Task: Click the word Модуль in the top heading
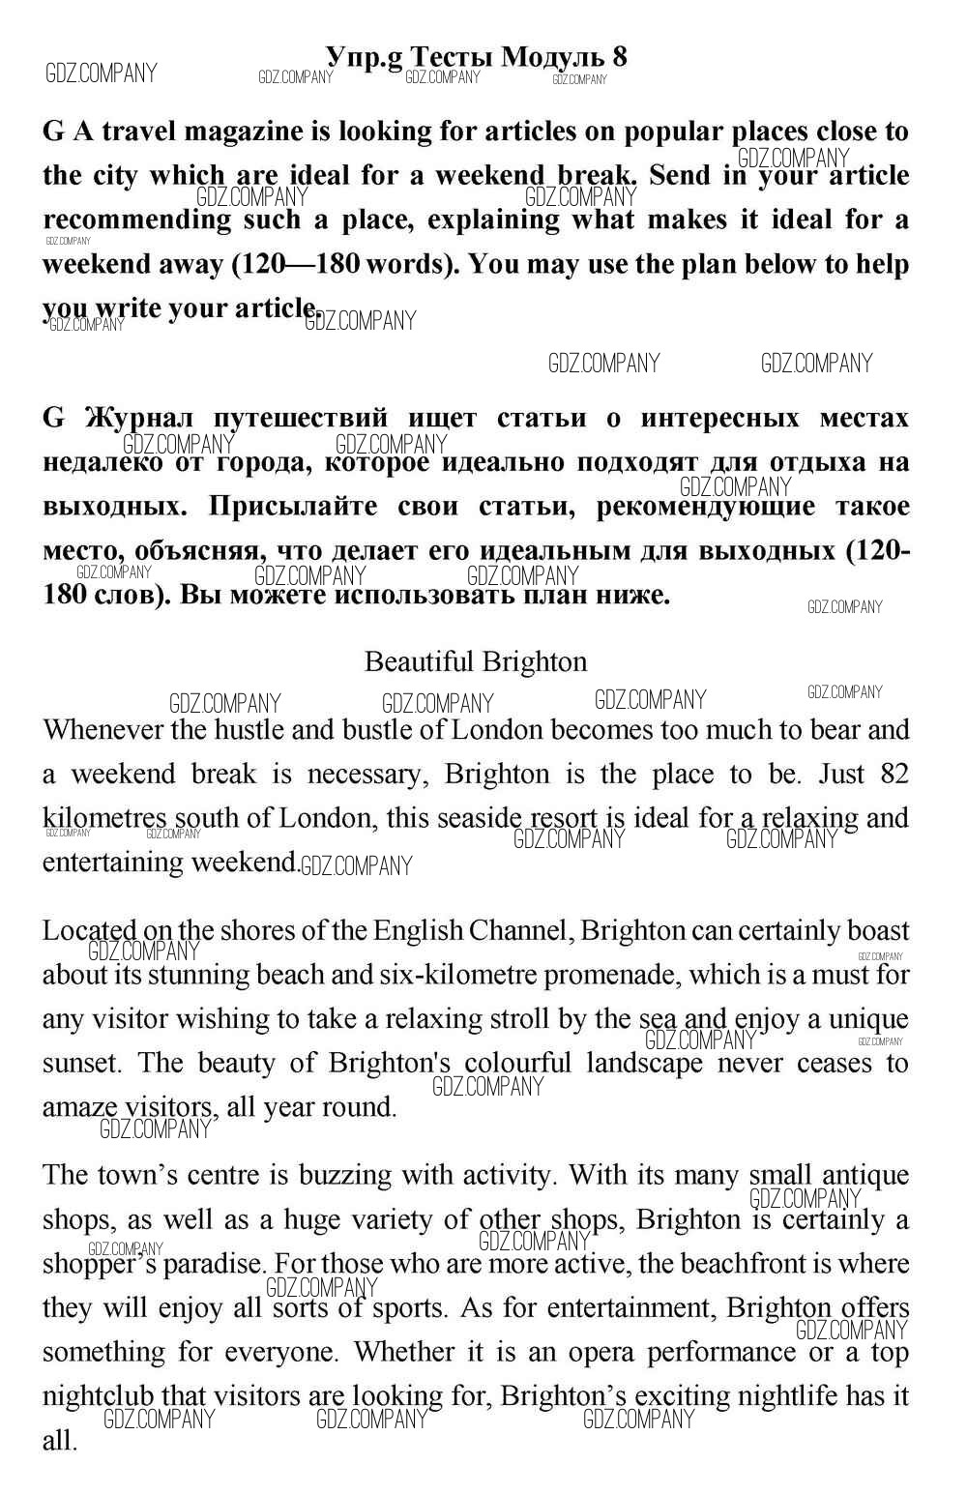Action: (x=552, y=56)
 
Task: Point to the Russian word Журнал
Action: (x=139, y=418)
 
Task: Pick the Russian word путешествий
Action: (x=300, y=418)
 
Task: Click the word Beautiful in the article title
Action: (x=419, y=661)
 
